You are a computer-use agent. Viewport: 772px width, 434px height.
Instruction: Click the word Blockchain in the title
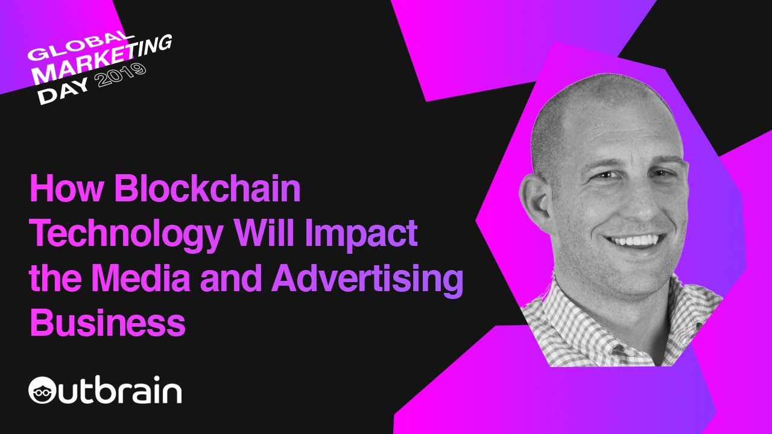tap(207, 190)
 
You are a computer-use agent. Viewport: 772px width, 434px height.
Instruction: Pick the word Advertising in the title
tap(367, 280)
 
